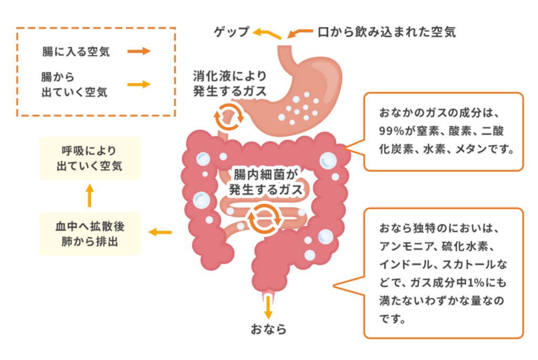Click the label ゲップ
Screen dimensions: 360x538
(231, 32)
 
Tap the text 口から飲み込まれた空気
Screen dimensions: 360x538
(387, 32)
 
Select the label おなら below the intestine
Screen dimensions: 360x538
(268, 330)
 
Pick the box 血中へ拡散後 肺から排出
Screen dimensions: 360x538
(89, 234)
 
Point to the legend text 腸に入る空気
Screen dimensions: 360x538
(76, 52)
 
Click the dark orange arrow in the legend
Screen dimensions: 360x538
(139, 52)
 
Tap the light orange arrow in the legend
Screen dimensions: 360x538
(139, 84)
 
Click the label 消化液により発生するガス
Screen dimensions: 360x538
(230, 84)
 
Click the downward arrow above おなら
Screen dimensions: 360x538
(268, 307)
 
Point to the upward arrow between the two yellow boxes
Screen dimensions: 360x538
(89, 196)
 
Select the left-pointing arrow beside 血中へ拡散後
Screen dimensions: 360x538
(161, 232)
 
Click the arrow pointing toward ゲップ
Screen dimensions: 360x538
(266, 34)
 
